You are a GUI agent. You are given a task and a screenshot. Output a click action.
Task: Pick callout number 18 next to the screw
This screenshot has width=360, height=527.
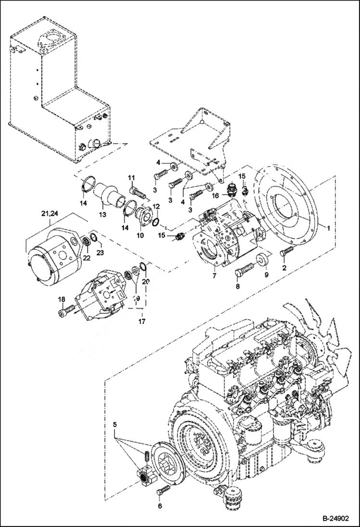62,300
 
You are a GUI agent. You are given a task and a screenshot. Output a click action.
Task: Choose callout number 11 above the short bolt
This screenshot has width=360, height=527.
130,179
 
